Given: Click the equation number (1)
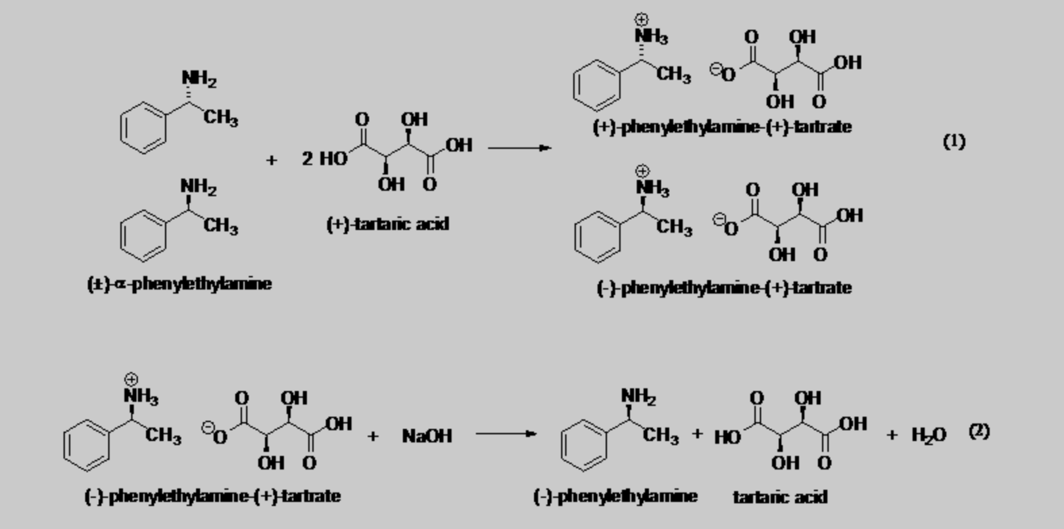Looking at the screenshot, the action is click(x=954, y=141).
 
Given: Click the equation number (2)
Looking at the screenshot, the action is click(x=979, y=431).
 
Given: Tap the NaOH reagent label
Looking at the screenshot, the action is click(x=427, y=436).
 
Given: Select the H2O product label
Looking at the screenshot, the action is click(x=929, y=434).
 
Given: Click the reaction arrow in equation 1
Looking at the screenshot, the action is click(x=519, y=148).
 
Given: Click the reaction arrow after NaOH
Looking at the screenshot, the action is click(x=506, y=434).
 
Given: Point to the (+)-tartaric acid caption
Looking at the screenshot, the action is click(x=387, y=224).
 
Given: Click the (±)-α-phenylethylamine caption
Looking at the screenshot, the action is click(x=180, y=283).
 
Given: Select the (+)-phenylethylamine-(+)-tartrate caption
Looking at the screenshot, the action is click(x=722, y=127).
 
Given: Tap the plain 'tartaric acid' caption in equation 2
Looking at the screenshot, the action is click(x=780, y=497).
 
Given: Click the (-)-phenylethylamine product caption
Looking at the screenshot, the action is click(x=615, y=497).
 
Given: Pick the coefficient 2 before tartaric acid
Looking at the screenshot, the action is click(x=308, y=159).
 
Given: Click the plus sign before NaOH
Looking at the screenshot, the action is click(x=372, y=436).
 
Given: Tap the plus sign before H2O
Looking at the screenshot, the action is click(x=892, y=435).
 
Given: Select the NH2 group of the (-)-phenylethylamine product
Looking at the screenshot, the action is click(x=638, y=396).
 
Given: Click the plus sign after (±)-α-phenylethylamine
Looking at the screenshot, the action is click(x=271, y=160).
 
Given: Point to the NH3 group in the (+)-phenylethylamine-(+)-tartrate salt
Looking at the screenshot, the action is click(x=650, y=36).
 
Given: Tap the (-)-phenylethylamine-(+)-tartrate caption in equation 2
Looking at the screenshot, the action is click(x=212, y=496).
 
